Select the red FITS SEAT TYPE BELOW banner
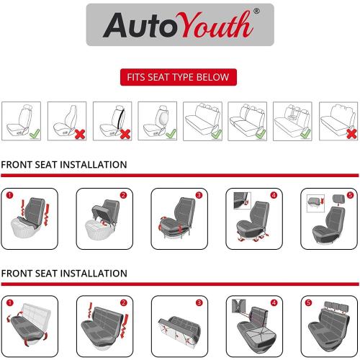pos(179,77)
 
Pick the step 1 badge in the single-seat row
pos(8,196)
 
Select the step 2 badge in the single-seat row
pos(123,196)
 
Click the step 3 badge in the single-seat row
pos(199,196)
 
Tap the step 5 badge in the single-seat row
pos(349,196)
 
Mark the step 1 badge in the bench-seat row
pos(8,302)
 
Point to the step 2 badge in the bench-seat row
pos(123,302)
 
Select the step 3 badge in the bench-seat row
pos(199,302)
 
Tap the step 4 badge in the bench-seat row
pos(274,302)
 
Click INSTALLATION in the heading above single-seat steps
pos(91,165)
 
